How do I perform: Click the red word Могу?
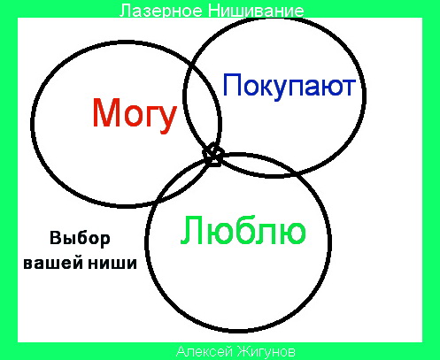[135, 115]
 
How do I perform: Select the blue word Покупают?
[289, 86]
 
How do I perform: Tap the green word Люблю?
[243, 230]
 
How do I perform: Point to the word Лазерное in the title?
[161, 11]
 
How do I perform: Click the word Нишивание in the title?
[256, 11]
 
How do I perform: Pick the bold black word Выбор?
[80, 238]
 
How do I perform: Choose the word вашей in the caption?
[53, 263]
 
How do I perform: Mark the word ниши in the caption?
[112, 263]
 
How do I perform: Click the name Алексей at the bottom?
[204, 351]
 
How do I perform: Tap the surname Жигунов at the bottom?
[265, 351]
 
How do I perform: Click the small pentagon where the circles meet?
[213, 155]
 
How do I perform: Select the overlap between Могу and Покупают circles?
[203, 106]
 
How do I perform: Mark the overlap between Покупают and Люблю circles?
[259, 165]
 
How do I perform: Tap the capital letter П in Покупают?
[233, 85]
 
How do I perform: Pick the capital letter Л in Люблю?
[191, 230]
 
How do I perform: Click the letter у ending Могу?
[166, 120]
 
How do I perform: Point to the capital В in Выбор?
[55, 238]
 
